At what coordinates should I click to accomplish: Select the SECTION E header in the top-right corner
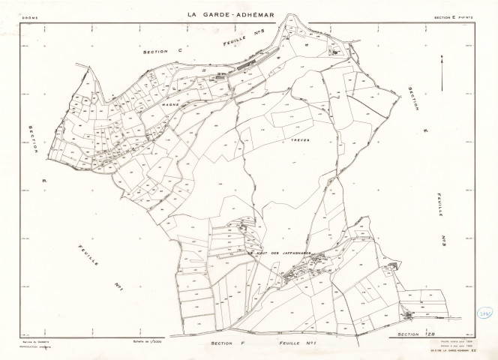[x=451, y=16]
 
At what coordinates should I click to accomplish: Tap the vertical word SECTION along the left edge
[x=34, y=139]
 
